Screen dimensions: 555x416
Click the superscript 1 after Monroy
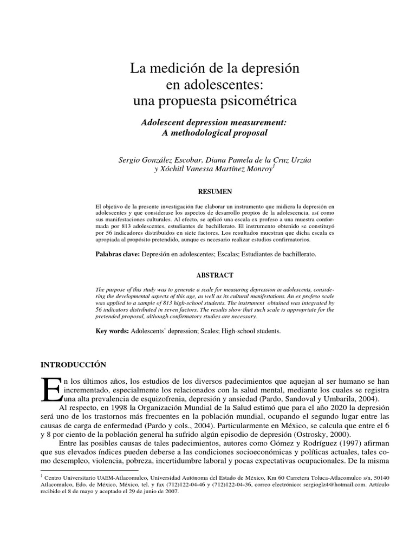coord(275,167)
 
